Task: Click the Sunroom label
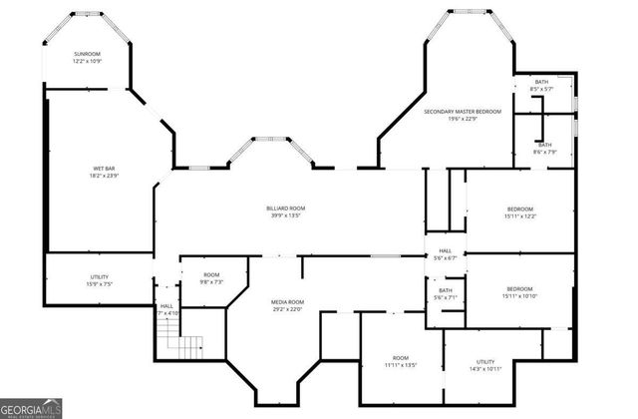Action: click(x=88, y=53)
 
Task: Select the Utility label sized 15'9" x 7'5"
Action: click(x=100, y=277)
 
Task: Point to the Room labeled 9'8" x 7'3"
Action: click(x=211, y=274)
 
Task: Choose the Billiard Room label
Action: click(x=284, y=208)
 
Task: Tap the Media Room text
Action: click(x=287, y=301)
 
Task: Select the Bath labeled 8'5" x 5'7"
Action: click(x=541, y=83)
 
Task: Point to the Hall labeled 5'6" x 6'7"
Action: click(x=444, y=251)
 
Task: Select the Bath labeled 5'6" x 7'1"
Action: click(x=444, y=291)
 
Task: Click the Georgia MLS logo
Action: click(x=32, y=408)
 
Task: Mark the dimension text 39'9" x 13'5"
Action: click(x=284, y=214)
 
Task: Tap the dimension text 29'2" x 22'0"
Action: click(x=287, y=308)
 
